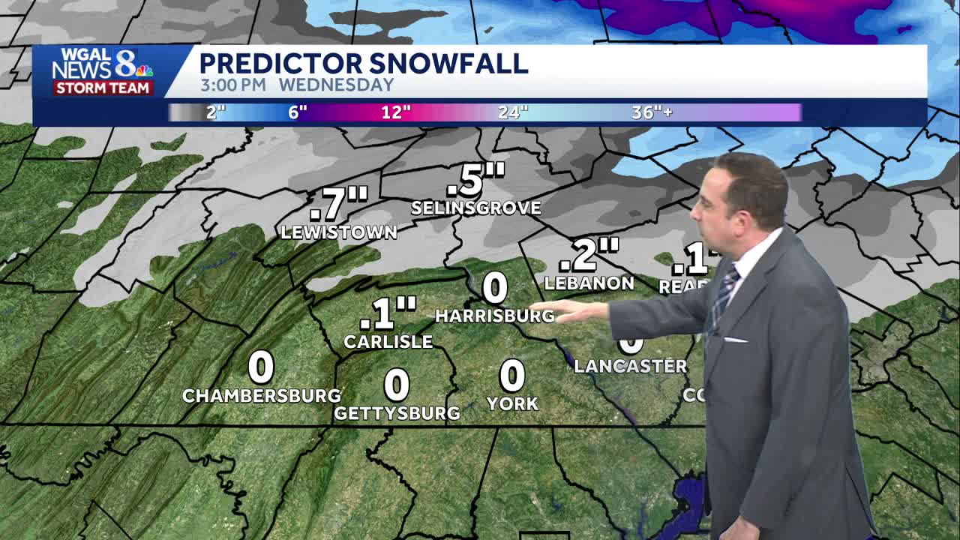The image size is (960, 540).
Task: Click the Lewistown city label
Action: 339,232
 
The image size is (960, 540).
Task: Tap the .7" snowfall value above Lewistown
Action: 339,205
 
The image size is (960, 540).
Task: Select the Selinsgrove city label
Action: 476,208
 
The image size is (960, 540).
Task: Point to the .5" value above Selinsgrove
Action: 475,180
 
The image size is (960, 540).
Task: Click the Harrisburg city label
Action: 495,316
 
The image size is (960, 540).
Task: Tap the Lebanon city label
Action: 589,283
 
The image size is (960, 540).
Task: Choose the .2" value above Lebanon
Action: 589,255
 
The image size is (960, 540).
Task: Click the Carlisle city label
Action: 388,342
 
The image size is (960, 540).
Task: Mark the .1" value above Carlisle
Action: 388,313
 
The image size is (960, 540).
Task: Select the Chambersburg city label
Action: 262,395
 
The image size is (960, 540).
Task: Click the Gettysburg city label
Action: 397,413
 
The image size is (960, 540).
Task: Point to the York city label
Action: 512,403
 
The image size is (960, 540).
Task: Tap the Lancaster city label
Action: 630,366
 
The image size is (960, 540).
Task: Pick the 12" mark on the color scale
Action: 396,112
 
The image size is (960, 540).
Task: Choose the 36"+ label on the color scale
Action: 652,112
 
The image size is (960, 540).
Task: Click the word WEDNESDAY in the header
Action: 337,85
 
